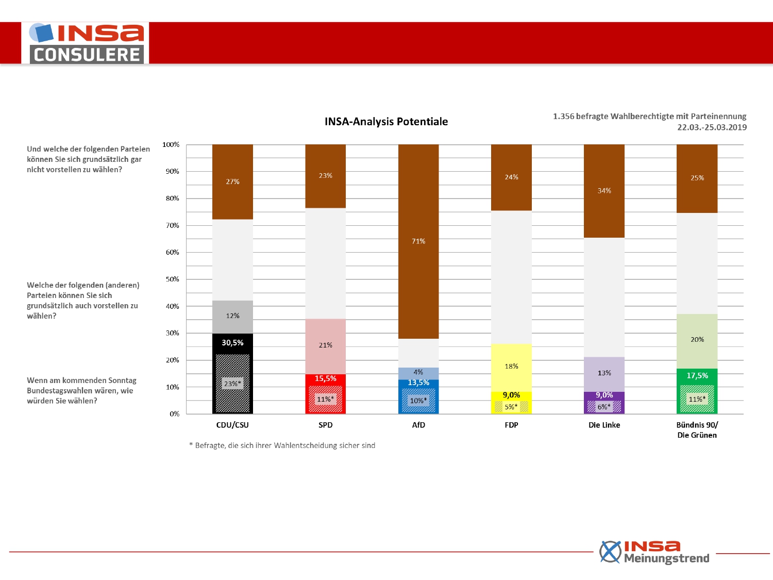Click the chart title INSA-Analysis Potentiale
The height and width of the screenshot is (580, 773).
[386, 122]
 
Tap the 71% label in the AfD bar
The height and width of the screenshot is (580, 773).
[418, 241]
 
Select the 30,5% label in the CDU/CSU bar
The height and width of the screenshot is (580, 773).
[232, 343]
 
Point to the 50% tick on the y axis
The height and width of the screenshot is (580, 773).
[172, 279]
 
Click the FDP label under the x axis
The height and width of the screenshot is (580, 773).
[511, 425]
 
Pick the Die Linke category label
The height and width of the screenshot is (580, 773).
[604, 425]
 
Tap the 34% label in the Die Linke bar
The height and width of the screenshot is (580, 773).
[604, 191]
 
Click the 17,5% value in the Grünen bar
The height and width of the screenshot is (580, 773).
[697, 376]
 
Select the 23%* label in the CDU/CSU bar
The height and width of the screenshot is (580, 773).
[232, 384]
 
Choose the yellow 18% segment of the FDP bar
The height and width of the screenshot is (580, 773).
[511, 368]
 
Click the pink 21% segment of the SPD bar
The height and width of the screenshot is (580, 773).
[325, 346]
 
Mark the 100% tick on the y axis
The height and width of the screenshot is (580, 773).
[171, 145]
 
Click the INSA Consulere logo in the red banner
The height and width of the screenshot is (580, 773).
[85, 43]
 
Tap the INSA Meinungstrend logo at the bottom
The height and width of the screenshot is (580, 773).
[654, 552]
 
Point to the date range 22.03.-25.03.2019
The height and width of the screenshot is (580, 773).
[712, 127]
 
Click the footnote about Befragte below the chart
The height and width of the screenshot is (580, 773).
[282, 445]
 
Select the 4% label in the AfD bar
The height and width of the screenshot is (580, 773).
[418, 372]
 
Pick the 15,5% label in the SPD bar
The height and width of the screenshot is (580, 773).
[325, 378]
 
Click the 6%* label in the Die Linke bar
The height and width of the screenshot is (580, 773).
[604, 407]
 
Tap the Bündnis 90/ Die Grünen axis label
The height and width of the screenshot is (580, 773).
[697, 430]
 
